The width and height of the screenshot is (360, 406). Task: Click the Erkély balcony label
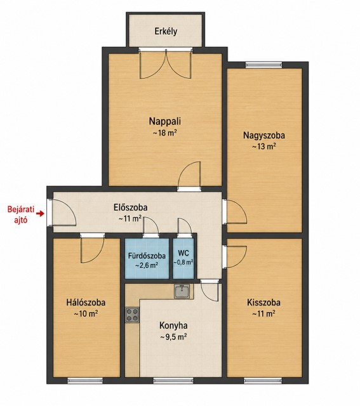[x=166, y=31]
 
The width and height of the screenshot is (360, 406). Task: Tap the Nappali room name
[x=165, y=121]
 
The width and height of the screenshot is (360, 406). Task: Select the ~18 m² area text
[x=165, y=133]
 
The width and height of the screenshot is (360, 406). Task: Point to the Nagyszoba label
[x=264, y=135]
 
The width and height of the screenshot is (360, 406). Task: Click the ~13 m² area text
[x=264, y=147]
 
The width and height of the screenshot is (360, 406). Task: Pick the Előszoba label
[x=131, y=207]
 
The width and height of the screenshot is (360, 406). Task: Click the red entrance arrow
[x=40, y=214]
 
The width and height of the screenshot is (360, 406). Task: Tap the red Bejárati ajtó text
[x=21, y=214]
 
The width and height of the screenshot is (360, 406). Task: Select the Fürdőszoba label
[x=147, y=256]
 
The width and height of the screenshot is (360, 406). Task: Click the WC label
[x=183, y=252]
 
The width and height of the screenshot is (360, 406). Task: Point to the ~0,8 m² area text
[x=183, y=262]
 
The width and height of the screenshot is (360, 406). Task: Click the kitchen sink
[x=182, y=291]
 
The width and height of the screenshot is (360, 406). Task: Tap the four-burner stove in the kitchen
[x=132, y=315]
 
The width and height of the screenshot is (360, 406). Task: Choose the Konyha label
[x=173, y=325]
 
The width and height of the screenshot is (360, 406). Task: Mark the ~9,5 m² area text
[x=173, y=337]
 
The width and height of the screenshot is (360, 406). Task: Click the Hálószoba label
[x=86, y=303]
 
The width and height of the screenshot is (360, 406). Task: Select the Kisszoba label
[x=263, y=303]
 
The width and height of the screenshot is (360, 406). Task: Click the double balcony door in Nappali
[x=166, y=64]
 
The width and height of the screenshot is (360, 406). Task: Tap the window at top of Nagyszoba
[x=263, y=65]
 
